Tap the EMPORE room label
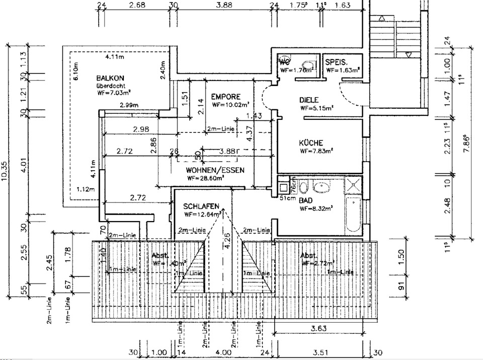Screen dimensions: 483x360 226,97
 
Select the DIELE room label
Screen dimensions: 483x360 310,100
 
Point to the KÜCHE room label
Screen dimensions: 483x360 310,143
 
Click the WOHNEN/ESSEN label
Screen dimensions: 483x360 215,170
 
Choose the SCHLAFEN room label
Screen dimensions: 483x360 201,206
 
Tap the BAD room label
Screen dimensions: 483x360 306,200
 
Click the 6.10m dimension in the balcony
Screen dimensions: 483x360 75,73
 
